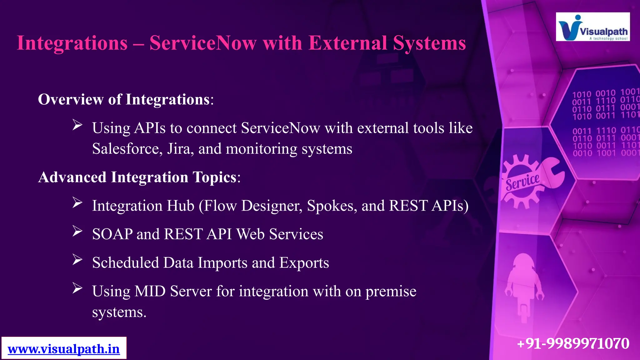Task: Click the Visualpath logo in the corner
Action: point(592,27)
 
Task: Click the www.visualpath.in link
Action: point(64,349)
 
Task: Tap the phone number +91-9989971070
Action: point(573,343)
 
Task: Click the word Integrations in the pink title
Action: point(72,43)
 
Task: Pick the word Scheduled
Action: point(125,262)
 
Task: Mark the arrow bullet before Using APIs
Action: point(77,125)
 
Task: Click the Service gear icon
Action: point(521,182)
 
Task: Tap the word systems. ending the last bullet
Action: point(119,312)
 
